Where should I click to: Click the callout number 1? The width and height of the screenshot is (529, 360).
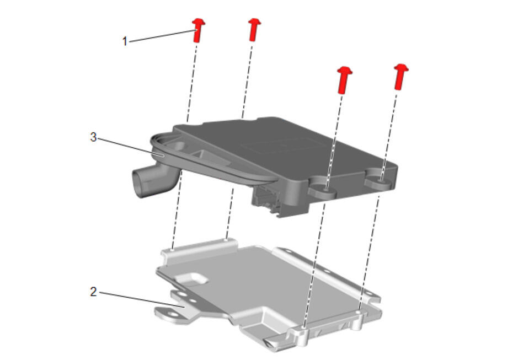tap(125, 41)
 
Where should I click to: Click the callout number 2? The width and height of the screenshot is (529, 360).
tap(93, 292)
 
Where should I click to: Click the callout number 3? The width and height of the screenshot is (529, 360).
tap(93, 137)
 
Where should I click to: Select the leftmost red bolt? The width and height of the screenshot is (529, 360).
tap(199, 30)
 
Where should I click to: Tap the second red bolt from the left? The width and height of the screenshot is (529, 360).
tap(254, 30)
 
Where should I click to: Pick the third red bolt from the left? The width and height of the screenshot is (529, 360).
tap(344, 79)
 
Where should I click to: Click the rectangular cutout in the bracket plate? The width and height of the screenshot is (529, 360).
tap(191, 278)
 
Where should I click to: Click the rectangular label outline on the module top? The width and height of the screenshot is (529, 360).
tap(284, 144)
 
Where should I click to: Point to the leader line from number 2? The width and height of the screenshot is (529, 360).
tap(142, 300)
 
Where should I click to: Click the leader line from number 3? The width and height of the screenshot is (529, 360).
tap(131, 147)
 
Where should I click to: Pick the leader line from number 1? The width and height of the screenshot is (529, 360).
tap(163, 36)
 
